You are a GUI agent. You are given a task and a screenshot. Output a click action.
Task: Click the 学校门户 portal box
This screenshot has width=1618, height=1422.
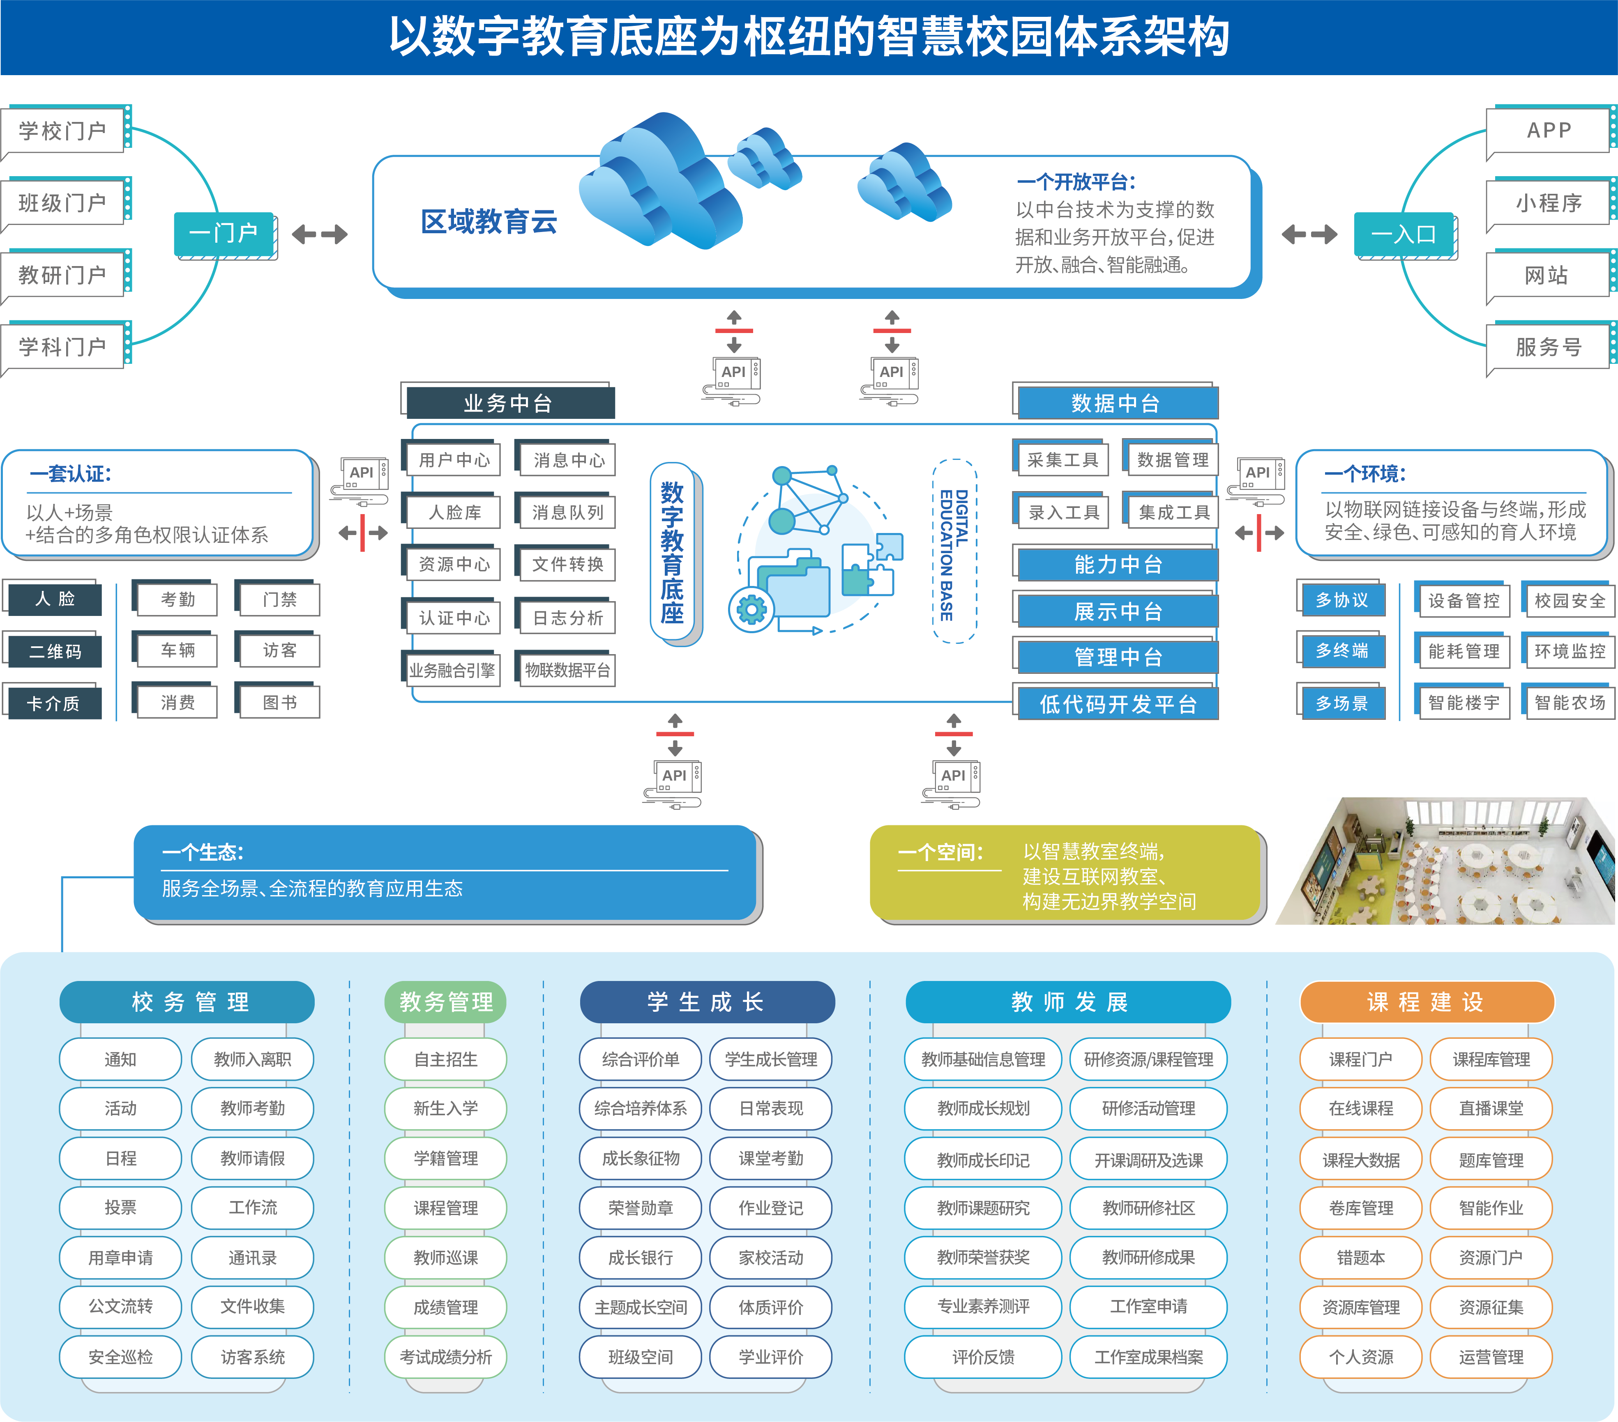pyautogui.click(x=63, y=131)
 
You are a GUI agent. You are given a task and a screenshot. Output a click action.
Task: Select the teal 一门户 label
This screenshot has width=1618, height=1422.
pyautogui.click(x=224, y=233)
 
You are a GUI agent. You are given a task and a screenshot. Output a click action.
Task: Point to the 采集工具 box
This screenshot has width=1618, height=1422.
pyautogui.click(x=1063, y=460)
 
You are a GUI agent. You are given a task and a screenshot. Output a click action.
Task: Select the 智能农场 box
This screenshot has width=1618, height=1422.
pyautogui.click(x=1569, y=703)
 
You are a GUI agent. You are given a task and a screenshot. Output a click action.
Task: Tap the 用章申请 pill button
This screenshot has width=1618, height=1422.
pyautogui.click(x=120, y=1257)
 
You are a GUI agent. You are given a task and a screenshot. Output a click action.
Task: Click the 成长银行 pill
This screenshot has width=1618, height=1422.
pyautogui.click(x=641, y=1257)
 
